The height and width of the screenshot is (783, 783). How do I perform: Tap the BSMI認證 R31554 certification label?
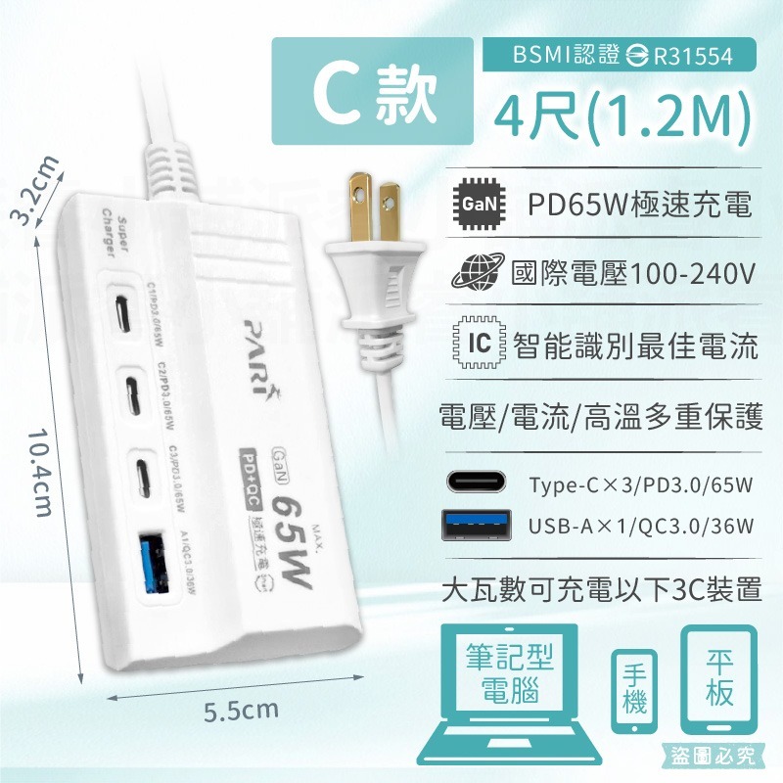[622, 55]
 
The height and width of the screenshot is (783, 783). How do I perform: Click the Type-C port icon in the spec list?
[478, 484]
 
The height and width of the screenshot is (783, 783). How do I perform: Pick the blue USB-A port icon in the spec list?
[478, 526]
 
